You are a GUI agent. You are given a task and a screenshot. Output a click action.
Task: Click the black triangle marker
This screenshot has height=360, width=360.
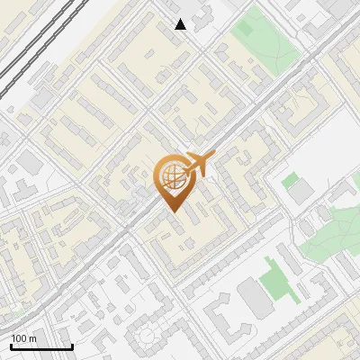click(x=181, y=24)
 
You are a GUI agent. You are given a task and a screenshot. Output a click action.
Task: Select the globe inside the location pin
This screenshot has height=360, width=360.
click(x=172, y=175)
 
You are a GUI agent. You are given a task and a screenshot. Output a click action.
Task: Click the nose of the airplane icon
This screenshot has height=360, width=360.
click(x=212, y=156)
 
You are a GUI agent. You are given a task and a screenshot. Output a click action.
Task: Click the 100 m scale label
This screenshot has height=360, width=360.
click(x=24, y=338)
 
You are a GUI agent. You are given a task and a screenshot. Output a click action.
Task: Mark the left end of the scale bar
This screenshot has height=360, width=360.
click(x=10, y=346)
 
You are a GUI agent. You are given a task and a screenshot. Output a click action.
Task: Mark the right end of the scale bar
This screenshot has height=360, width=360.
click(x=72, y=346)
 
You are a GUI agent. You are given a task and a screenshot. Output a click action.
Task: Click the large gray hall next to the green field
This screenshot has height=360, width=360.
click(x=255, y=299)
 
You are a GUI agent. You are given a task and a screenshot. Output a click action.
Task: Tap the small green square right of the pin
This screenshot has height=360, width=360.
click(x=290, y=181)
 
